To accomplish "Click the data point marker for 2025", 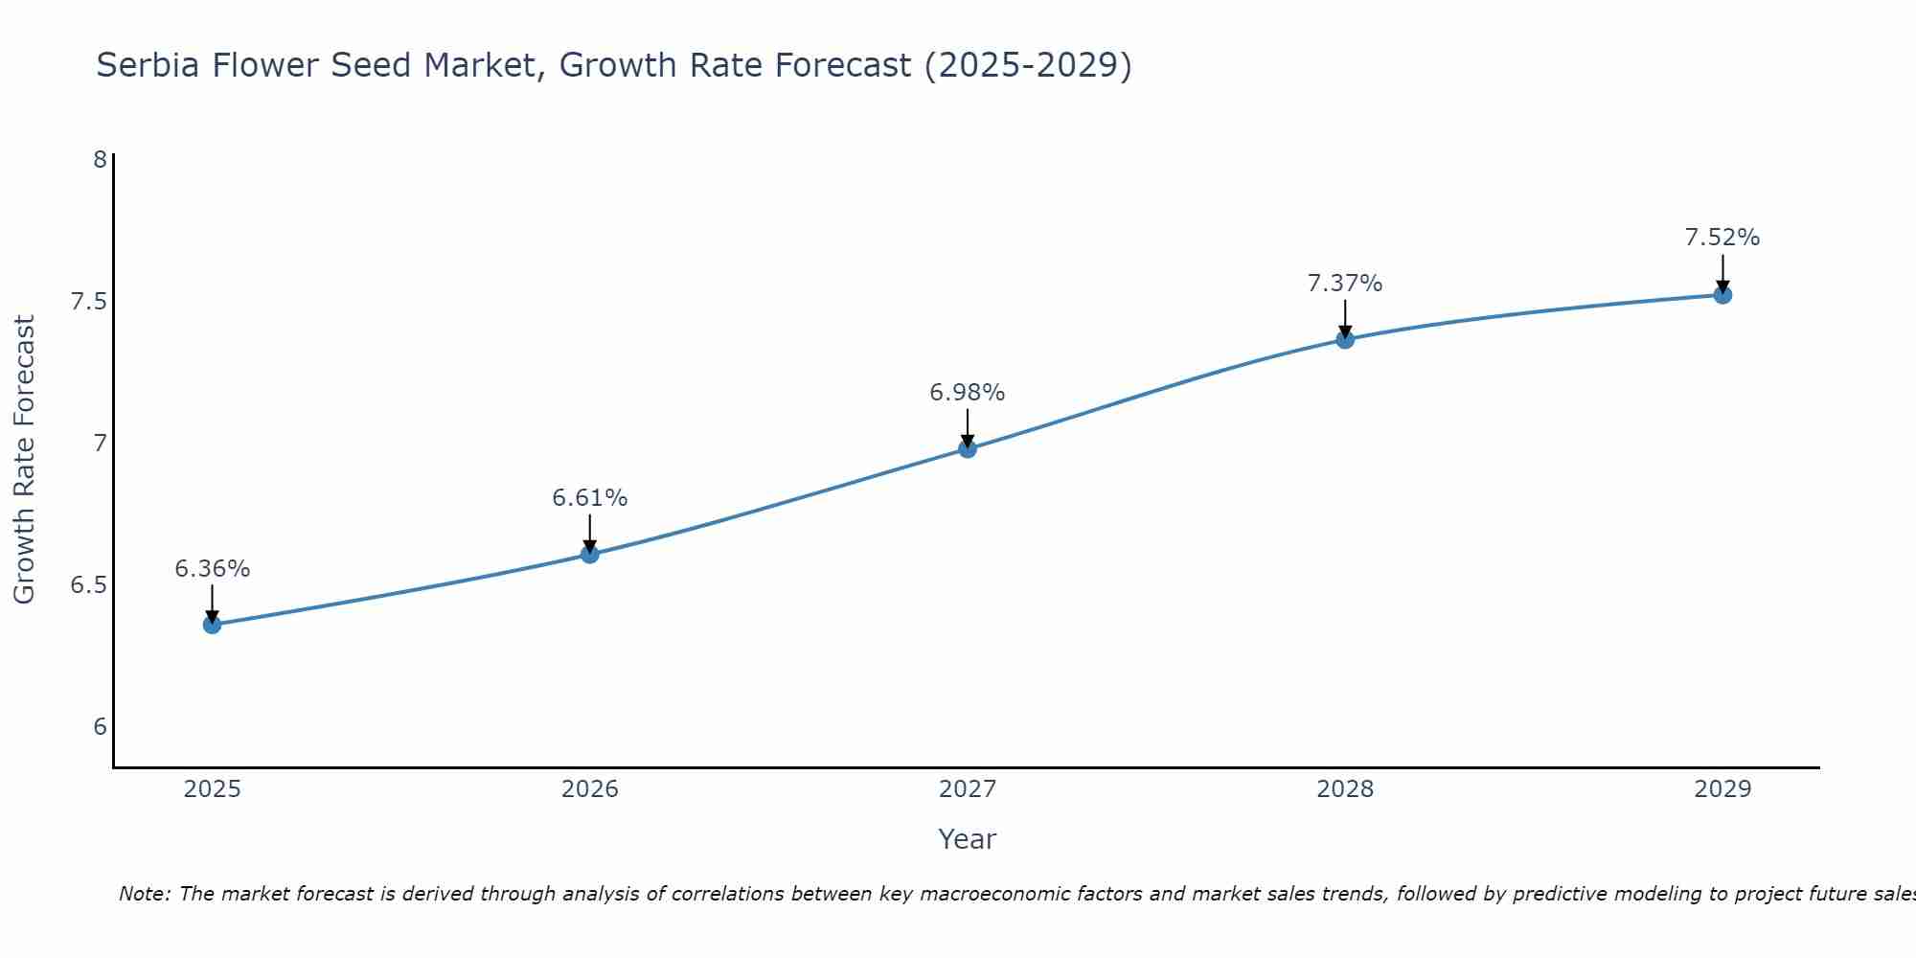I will (x=212, y=625).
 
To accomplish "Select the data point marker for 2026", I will (x=589, y=554).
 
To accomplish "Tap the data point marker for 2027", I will (x=968, y=448).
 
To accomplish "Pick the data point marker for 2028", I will (x=1345, y=339).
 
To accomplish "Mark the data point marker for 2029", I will (x=1722, y=295).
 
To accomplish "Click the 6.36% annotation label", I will (x=212, y=569).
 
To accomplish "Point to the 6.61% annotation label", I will (x=589, y=498).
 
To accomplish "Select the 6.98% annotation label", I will (x=968, y=393).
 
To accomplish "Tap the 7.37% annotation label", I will (x=1345, y=284).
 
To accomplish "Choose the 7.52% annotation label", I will (x=1722, y=238).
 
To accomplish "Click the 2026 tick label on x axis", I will (x=589, y=789).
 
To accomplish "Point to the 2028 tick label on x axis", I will (x=1345, y=789).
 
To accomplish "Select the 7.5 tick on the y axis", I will (x=88, y=302).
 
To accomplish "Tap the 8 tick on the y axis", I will (x=100, y=160).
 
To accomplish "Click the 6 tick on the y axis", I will (x=100, y=727).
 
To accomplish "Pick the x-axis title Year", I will (x=968, y=839).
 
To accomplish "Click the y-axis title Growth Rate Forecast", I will (x=24, y=460).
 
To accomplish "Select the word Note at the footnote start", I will (x=145, y=894).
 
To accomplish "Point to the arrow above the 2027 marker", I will (x=968, y=427).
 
